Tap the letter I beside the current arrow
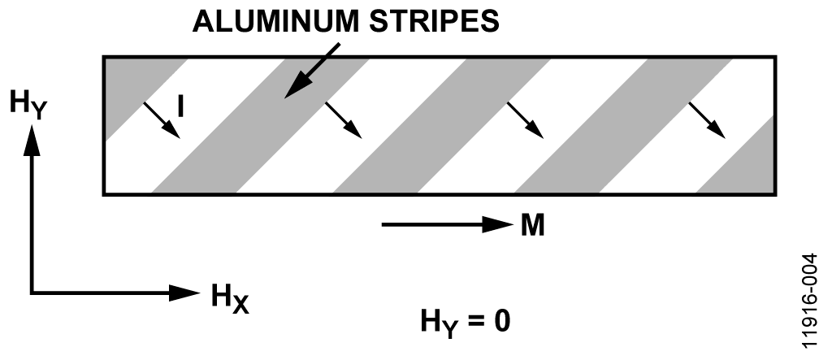click(x=181, y=106)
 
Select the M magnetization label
click(x=532, y=225)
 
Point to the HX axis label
click(x=230, y=298)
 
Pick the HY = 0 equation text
click(x=466, y=323)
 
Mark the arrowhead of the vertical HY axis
click(x=32, y=140)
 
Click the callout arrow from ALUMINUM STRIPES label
click(x=312, y=72)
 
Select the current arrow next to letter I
click(x=162, y=120)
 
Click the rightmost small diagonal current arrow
click(x=707, y=120)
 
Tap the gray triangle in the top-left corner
click(x=136, y=90)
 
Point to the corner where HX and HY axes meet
click(x=32, y=293)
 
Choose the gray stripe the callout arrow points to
click(x=261, y=125)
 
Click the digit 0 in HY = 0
click(x=501, y=321)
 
